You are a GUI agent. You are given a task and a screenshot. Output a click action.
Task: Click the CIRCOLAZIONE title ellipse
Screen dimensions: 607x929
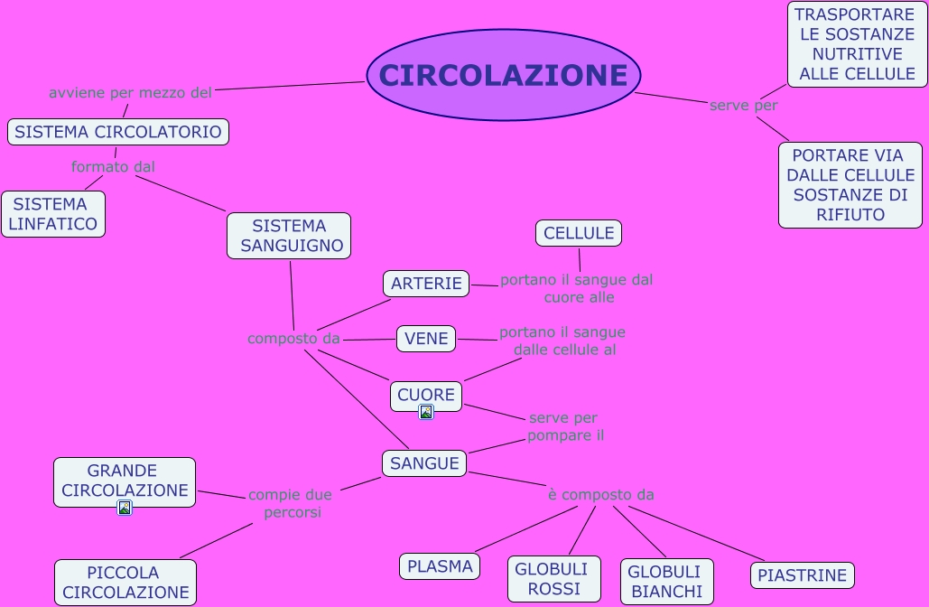[503, 75]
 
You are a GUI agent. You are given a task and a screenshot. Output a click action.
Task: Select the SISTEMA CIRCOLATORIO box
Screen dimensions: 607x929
[118, 132]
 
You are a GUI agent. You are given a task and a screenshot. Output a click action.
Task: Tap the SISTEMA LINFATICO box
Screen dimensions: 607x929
[53, 214]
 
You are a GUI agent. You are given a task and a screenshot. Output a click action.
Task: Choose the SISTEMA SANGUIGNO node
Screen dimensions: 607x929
[289, 235]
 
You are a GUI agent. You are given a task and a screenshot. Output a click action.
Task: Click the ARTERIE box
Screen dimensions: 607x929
[426, 284]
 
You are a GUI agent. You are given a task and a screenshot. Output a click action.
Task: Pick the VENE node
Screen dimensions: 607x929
[426, 339]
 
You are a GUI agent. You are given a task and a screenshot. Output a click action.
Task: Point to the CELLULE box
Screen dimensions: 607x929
[579, 233]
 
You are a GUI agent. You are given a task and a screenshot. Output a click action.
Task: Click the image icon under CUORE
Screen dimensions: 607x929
[426, 412]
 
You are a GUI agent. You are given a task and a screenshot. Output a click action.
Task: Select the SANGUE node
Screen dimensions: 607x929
[424, 463]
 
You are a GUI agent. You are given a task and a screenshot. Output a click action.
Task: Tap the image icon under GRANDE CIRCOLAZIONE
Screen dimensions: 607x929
[125, 508]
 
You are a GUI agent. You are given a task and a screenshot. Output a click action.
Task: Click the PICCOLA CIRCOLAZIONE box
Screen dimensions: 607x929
[125, 583]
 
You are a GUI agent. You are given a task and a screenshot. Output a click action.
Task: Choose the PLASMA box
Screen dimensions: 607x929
[440, 566]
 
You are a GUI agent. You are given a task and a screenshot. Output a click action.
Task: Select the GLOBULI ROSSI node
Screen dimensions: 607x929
[553, 579]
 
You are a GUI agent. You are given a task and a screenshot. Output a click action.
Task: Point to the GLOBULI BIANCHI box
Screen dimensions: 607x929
[666, 582]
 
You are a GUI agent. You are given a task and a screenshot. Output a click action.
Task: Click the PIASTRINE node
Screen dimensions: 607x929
[802, 575]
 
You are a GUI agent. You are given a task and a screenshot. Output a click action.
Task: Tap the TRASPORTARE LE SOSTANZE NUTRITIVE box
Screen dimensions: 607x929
[857, 44]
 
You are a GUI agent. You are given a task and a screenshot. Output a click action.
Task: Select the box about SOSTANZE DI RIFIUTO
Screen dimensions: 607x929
[850, 185]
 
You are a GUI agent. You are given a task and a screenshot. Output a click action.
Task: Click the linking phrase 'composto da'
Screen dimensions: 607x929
[293, 339]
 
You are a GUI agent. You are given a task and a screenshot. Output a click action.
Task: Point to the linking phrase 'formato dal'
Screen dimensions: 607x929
[113, 167]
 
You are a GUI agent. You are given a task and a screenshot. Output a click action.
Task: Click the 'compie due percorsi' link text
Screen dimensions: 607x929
[291, 503]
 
